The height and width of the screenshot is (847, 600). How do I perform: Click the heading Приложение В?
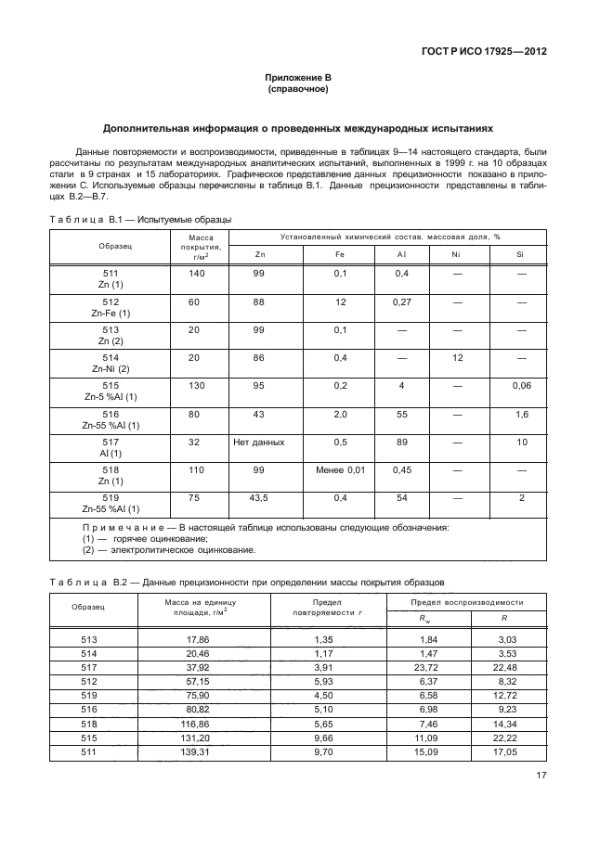(299, 79)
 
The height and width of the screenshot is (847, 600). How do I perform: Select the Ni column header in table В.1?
(455, 253)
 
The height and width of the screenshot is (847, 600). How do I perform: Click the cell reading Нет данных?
(259, 443)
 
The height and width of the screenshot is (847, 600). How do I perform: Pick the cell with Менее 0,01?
(340, 470)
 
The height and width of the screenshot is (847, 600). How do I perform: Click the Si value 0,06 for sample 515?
(521, 386)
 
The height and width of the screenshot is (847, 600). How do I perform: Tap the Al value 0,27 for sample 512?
(402, 302)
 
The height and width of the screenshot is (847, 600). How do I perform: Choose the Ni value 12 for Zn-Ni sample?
(455, 358)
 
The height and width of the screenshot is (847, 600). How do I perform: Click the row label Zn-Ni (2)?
(111, 369)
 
